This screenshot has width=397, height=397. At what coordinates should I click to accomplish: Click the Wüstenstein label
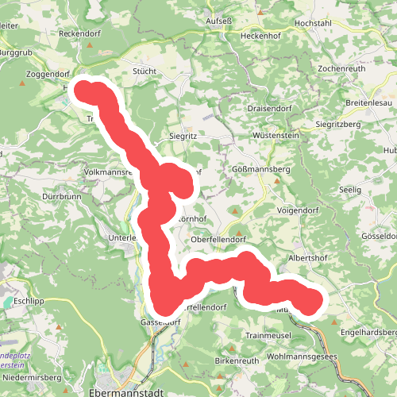pos(275,137)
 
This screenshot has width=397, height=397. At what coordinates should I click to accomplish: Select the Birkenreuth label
pos(214,360)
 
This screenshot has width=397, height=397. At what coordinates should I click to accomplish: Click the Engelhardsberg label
pos(369,332)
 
